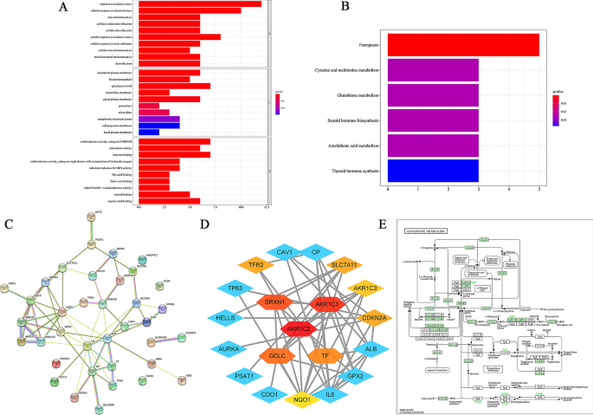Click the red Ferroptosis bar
463,45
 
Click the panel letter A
63,8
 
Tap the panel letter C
8,223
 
